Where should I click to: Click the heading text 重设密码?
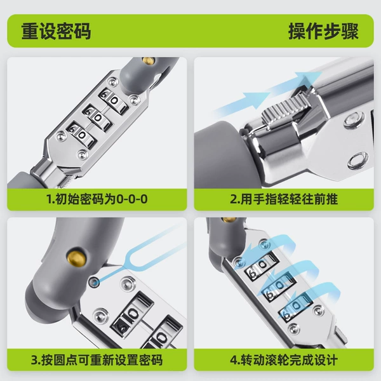click(x=56, y=31)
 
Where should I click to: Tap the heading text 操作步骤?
click(x=323, y=31)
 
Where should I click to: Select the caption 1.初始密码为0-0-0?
click(x=97, y=199)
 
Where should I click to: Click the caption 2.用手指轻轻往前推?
click(x=284, y=199)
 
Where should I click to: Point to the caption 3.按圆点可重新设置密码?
click(x=97, y=360)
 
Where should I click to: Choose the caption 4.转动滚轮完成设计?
click(x=284, y=360)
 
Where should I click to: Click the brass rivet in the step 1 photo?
click(x=149, y=61)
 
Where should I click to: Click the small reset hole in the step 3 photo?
click(x=94, y=283)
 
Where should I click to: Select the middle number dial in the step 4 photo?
click(x=279, y=286)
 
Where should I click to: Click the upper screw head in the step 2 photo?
click(x=354, y=119)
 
